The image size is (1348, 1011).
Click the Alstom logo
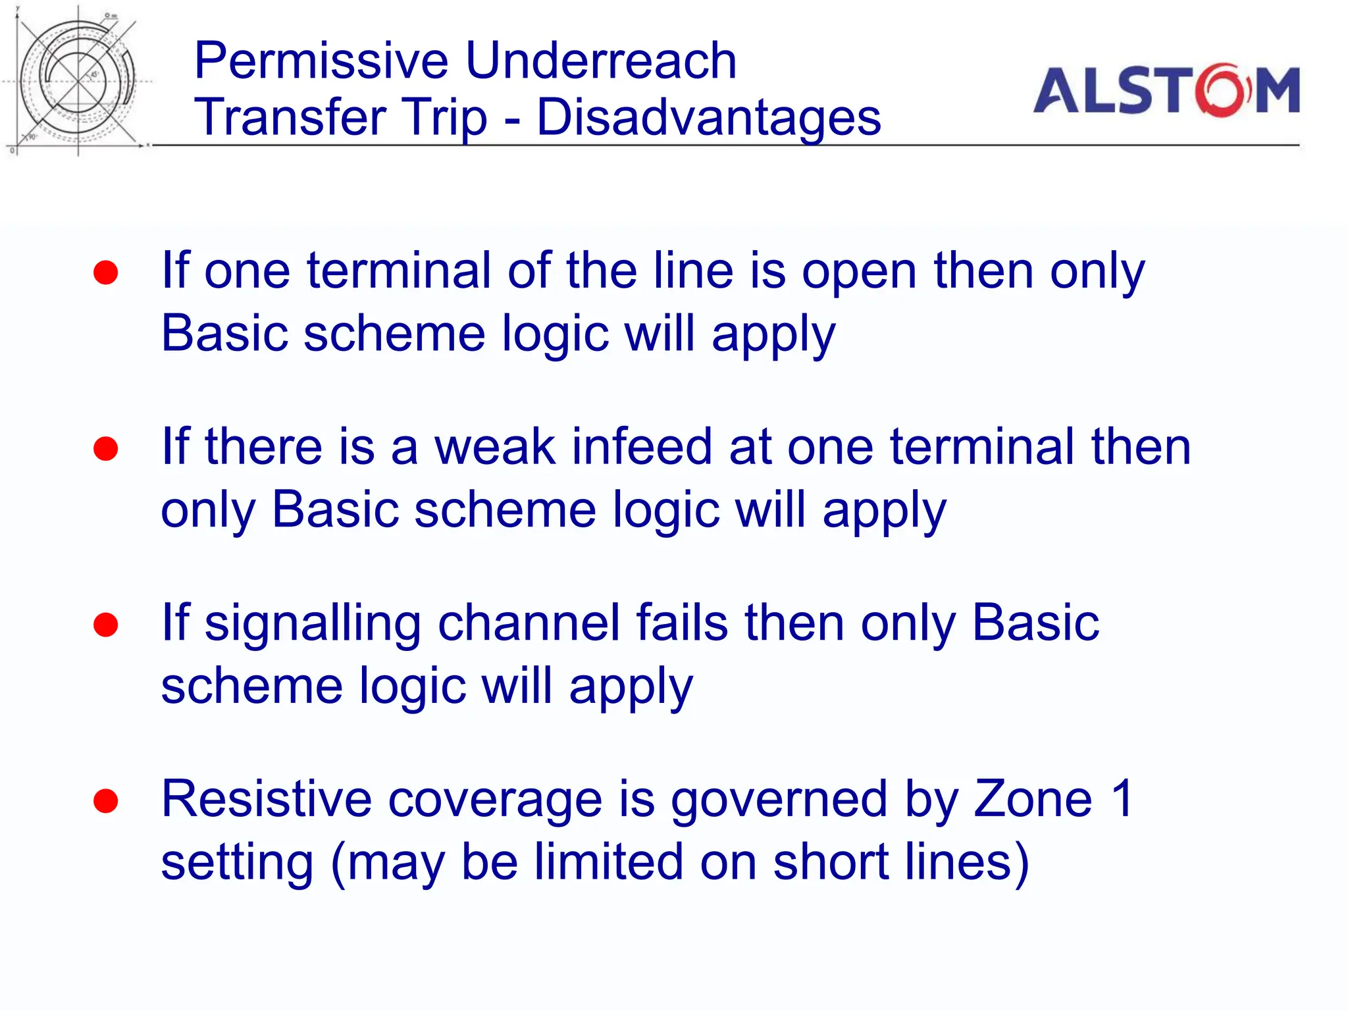[x=1166, y=90]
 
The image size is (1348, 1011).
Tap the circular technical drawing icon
[x=78, y=82]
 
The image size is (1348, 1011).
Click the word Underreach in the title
[x=600, y=61]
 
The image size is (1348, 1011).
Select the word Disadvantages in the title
[x=708, y=117]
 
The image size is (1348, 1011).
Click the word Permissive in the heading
[x=321, y=61]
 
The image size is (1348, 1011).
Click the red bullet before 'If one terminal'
[x=105, y=272]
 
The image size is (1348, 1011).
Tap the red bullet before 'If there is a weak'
[x=105, y=449]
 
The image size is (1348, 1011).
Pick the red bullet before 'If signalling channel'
[x=105, y=625]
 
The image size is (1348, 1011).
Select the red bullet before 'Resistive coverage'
[x=105, y=801]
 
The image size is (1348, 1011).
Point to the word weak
[x=494, y=447]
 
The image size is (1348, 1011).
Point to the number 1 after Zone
[x=1121, y=799]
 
